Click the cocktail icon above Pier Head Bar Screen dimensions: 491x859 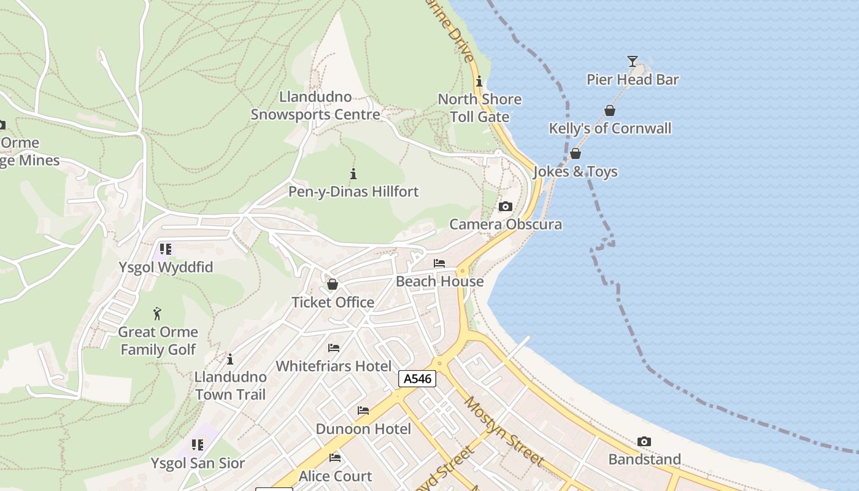633,61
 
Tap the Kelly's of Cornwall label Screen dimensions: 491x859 610,128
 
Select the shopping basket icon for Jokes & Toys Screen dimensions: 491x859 576,153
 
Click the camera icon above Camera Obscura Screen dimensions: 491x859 505,206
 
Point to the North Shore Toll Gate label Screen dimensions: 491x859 480,108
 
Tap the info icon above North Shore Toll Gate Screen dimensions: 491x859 479,82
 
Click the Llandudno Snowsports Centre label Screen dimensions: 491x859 315,106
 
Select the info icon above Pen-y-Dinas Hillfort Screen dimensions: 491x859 353,174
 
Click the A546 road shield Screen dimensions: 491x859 417,379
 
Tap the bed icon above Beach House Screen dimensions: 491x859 439,263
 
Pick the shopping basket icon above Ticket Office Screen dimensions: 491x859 333,284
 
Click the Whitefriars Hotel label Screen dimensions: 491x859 333,366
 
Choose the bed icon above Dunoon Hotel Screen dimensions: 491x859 363,411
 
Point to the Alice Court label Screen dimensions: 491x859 335,476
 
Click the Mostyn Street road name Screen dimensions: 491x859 504,431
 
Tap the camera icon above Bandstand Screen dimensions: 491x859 644,441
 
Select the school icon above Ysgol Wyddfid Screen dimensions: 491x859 166,249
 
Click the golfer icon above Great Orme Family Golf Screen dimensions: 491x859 158,314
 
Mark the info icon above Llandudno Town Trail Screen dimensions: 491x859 230,359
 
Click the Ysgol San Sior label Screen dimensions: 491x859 198,463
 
